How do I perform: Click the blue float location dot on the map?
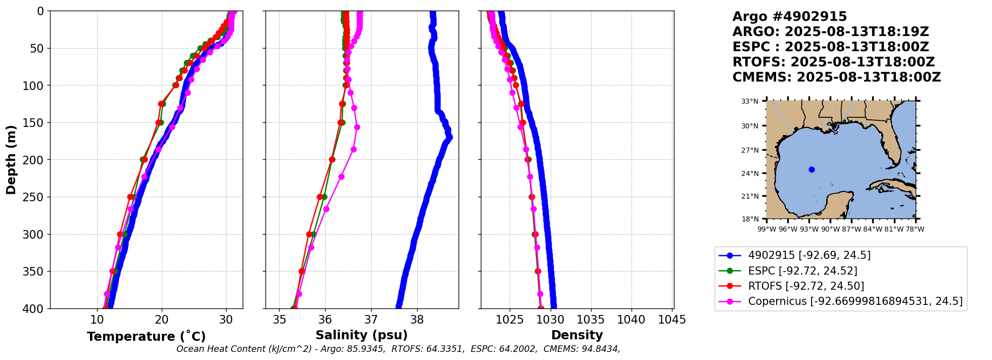point(811,169)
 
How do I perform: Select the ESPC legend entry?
point(802,271)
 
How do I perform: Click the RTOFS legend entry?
point(806,286)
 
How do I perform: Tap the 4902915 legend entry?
point(809,255)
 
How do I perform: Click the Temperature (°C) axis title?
point(146,337)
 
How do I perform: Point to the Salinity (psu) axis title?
point(362,335)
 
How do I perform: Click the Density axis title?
point(577,335)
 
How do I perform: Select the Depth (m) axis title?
point(11,160)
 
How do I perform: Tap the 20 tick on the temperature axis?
point(162,320)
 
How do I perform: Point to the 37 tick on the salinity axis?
point(371,320)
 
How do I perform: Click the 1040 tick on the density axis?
point(632,320)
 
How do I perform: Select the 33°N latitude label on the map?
point(750,102)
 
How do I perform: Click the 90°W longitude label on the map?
point(830,230)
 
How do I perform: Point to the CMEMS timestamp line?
point(836,77)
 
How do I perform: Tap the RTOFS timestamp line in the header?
point(833,62)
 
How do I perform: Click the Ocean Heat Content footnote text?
point(398,349)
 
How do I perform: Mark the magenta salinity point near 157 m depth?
point(357,127)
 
